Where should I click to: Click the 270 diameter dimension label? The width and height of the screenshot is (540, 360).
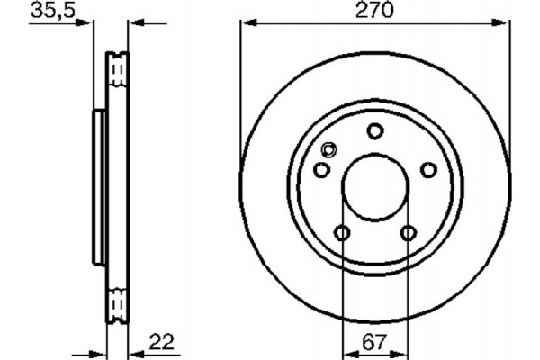(375, 12)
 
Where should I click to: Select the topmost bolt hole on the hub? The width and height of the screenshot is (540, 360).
(374, 132)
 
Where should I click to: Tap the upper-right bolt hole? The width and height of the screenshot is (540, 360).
(428, 170)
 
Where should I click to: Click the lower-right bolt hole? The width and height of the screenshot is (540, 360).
(408, 234)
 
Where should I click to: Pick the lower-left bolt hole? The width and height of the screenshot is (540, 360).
(342, 234)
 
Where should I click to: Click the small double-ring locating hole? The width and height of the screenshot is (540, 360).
(328, 151)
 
